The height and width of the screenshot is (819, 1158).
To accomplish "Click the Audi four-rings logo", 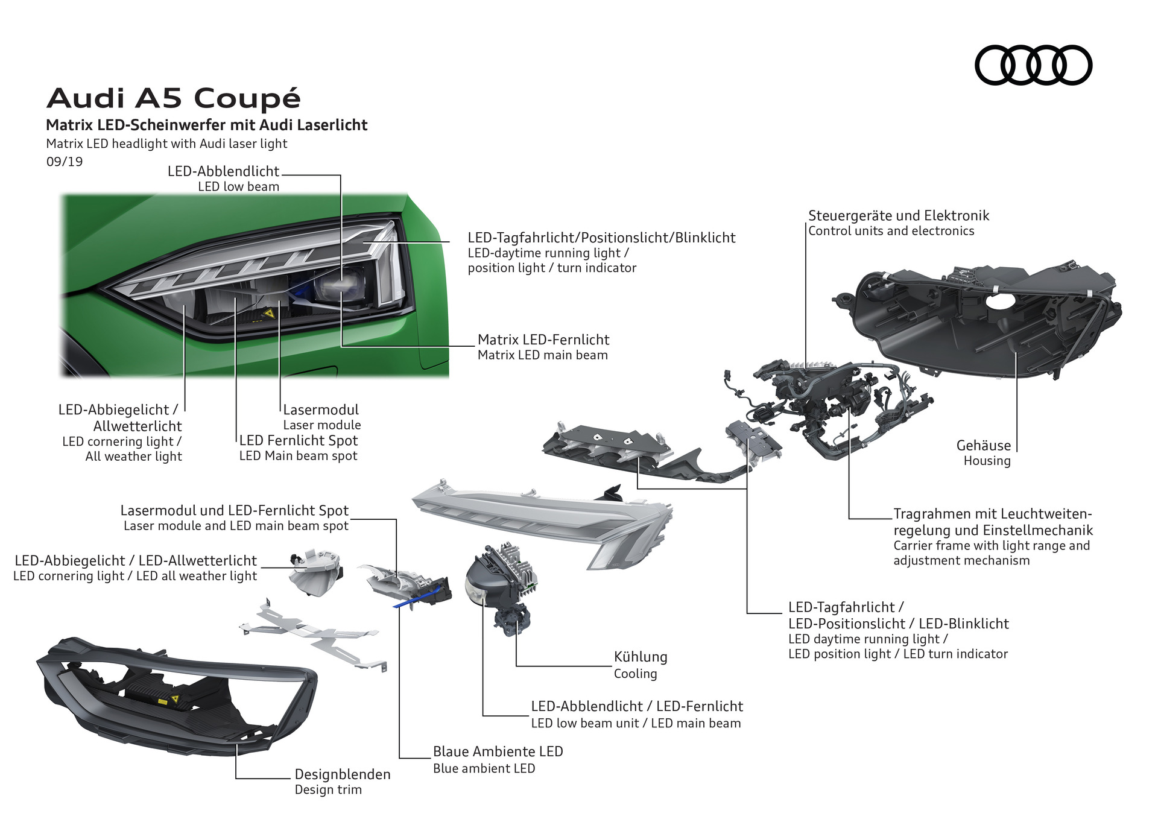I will click(1033, 65).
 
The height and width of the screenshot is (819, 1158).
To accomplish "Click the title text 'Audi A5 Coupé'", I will click(174, 98).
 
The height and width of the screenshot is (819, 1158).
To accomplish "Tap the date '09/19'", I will click(65, 162).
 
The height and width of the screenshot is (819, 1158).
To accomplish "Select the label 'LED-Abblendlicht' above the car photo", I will click(223, 171).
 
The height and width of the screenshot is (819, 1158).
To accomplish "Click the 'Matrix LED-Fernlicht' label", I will click(543, 340).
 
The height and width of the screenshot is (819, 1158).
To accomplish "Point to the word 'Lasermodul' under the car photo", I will click(321, 410).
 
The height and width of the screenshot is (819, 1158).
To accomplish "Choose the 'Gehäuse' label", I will click(983, 446).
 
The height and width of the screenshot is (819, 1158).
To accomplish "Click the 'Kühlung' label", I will click(640, 657).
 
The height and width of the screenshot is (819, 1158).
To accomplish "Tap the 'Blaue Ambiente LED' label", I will click(498, 751).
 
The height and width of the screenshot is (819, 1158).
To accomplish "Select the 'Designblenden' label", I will click(342, 774).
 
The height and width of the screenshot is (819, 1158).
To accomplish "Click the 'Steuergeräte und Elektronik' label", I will click(899, 216).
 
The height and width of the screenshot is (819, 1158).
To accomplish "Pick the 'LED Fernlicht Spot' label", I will click(299, 441).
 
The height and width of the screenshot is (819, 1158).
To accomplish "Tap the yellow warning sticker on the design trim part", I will click(175, 699).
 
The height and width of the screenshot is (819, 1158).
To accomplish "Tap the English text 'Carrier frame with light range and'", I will click(992, 546).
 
